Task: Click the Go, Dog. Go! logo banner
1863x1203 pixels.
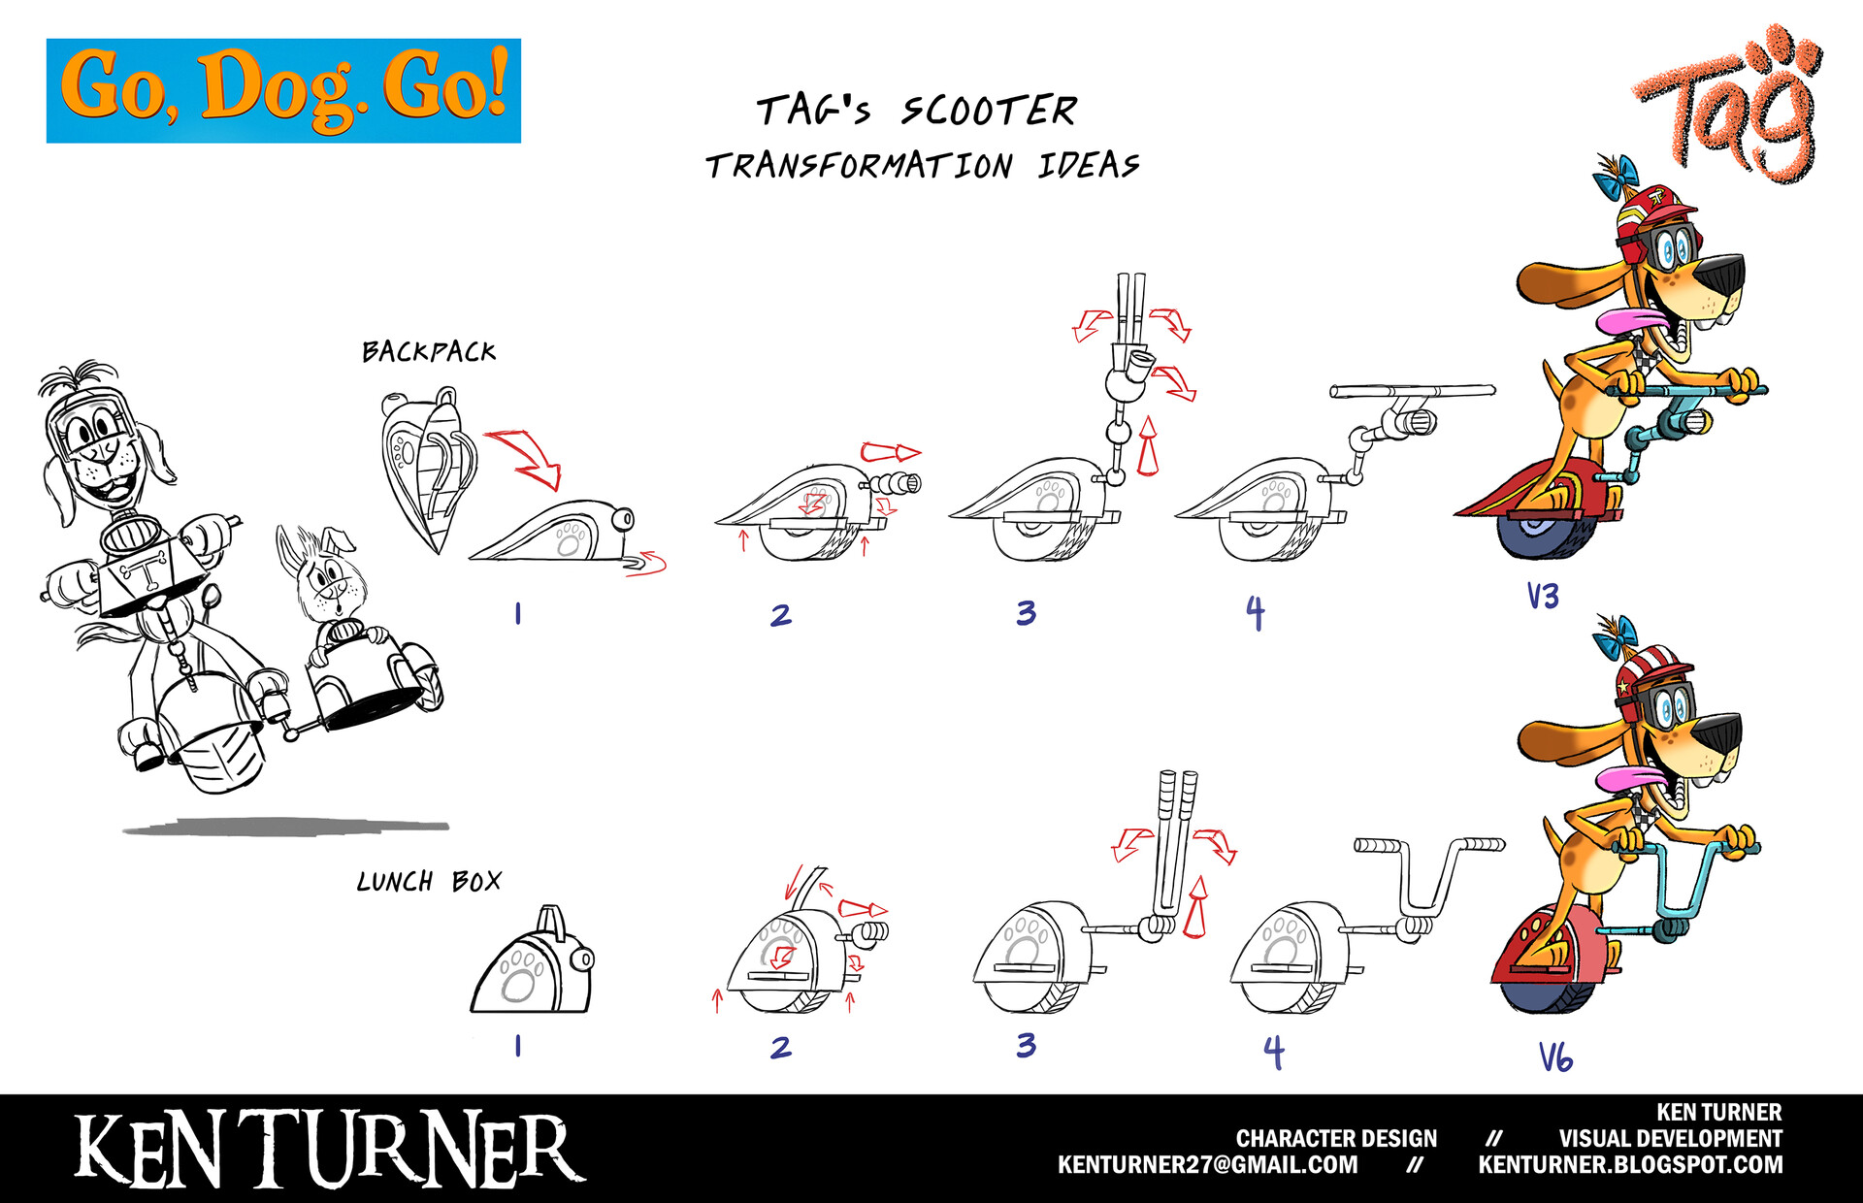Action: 283,91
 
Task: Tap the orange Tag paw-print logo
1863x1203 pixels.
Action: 1728,104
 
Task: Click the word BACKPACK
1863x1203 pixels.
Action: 429,351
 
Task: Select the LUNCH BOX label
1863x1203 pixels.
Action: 429,881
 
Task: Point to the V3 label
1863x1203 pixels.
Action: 1543,596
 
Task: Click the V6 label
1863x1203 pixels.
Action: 1555,1057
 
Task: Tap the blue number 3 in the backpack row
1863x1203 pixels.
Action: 1027,613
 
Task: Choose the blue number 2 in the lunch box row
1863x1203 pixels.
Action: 781,1047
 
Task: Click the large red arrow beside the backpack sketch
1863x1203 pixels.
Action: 524,458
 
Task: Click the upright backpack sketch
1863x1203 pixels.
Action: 431,470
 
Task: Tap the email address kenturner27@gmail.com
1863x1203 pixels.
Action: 1208,1165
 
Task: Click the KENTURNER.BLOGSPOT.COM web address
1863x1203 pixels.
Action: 1631,1165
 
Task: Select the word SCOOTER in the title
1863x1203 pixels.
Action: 989,111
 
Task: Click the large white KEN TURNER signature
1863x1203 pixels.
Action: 330,1151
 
